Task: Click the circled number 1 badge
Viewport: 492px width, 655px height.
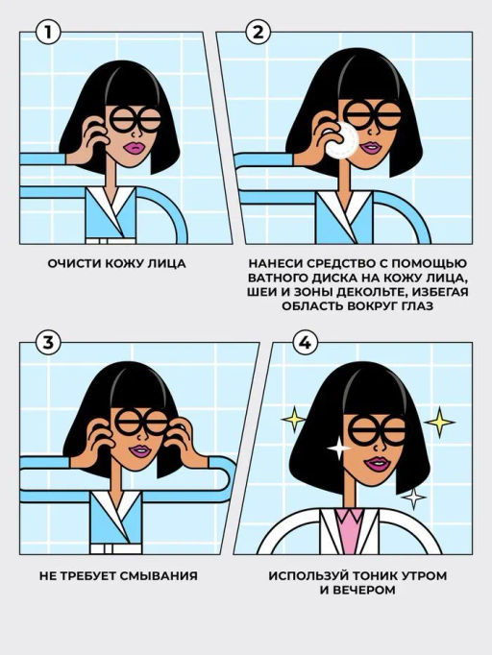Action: click(48, 32)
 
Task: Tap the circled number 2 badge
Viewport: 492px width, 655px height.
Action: click(258, 32)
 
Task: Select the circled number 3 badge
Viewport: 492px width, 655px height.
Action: click(48, 343)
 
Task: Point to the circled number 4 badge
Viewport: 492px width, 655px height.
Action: click(306, 343)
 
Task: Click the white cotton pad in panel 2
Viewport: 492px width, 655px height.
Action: click(343, 141)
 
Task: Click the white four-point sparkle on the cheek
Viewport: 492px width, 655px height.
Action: click(338, 448)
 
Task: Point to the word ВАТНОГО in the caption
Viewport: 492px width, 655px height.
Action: click(278, 278)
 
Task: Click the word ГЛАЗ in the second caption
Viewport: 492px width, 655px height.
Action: click(418, 305)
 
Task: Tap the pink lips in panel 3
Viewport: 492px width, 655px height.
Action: click(139, 451)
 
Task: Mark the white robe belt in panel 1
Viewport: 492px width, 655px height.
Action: click(111, 241)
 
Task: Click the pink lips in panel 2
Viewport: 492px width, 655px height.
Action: click(371, 148)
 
